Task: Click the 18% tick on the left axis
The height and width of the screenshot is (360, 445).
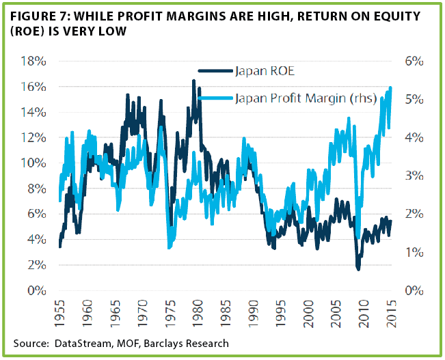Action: pos(33,61)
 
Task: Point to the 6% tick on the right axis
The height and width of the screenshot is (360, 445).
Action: pos(414,61)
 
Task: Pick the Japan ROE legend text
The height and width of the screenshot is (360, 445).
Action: pos(265,71)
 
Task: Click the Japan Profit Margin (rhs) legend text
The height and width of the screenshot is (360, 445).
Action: pos(306,99)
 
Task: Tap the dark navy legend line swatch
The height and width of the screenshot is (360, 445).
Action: pos(216,70)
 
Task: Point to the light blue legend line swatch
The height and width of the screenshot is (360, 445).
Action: pos(216,98)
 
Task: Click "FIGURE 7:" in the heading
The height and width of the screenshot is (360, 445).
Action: pos(40,16)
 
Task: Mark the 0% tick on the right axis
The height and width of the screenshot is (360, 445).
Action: pos(414,291)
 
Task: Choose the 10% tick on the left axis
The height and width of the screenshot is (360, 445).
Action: pos(33,163)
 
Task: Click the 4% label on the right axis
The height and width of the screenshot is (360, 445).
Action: pos(414,138)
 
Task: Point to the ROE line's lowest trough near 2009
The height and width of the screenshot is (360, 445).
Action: pos(358,269)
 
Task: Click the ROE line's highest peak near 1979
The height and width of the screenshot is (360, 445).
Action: pos(194,81)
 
